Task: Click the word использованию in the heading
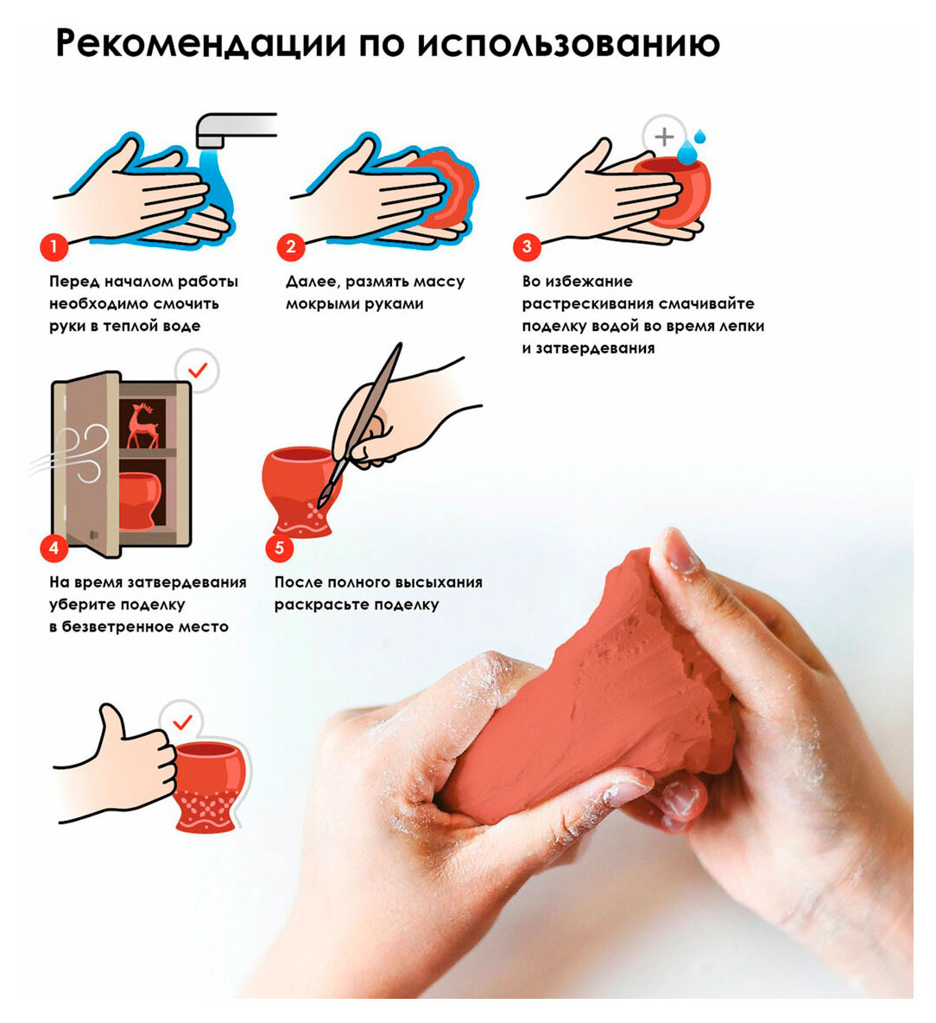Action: click(568, 43)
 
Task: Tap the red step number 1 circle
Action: click(54, 246)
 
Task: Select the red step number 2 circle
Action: click(291, 246)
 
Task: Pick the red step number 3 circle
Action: click(527, 246)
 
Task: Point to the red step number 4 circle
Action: click(54, 548)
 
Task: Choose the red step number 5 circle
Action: click(280, 548)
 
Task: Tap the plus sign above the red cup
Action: click(664, 137)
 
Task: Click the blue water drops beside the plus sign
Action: click(691, 148)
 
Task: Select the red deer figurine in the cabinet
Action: click(142, 425)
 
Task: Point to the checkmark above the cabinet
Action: click(198, 370)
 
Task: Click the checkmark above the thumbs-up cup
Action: click(183, 721)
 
